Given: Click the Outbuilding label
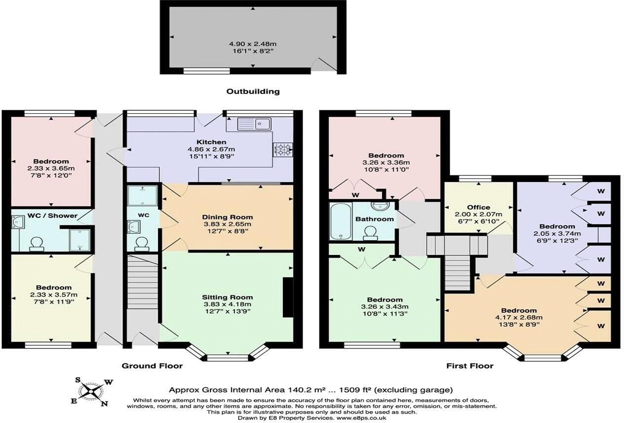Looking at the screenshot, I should pos(253,91).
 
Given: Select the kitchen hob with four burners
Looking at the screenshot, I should pos(283,149).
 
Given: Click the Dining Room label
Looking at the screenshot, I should pos(228,217).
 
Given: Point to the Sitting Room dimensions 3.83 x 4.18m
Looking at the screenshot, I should pos(228,304).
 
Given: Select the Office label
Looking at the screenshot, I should pos(478,207).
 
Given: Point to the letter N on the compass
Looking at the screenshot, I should pos(105,404).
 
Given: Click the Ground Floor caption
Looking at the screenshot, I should pos(152,366).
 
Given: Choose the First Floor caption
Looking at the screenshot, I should pos(469,366).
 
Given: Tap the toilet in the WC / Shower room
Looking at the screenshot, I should pos(37,243).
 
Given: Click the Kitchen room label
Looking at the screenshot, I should pos(210,142).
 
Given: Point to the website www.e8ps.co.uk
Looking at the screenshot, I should pos(361,418).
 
